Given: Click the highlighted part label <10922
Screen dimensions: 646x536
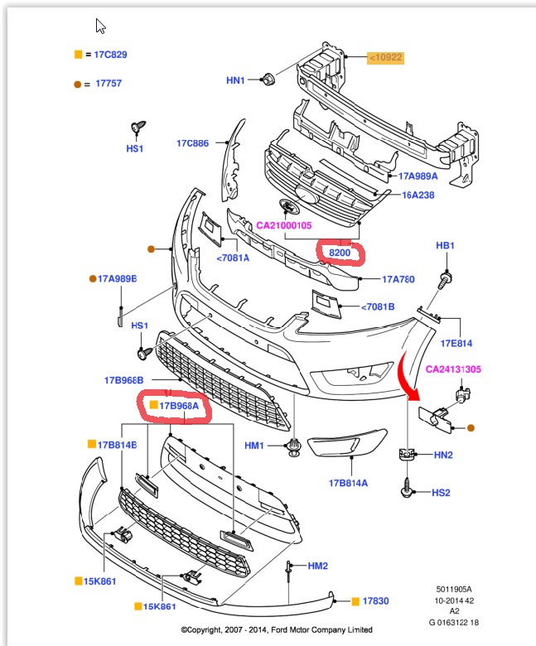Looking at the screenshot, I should (386, 57).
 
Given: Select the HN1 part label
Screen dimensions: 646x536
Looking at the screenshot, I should (236, 80).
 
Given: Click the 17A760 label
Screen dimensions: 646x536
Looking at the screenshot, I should (398, 279).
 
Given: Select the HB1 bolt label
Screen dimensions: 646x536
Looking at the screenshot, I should (446, 247).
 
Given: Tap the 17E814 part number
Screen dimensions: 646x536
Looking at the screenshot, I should (456, 342).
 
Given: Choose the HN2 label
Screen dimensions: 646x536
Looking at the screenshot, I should (443, 455).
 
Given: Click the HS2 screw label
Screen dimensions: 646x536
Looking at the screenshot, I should (441, 493).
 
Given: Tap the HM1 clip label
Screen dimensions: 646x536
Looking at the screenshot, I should (254, 446).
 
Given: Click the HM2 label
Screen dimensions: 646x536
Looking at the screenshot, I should (318, 566).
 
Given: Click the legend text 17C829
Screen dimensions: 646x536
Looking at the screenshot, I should (110, 55).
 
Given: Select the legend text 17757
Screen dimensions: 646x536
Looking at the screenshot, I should (109, 84).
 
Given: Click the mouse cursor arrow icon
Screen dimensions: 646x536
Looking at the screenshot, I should (100, 26).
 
